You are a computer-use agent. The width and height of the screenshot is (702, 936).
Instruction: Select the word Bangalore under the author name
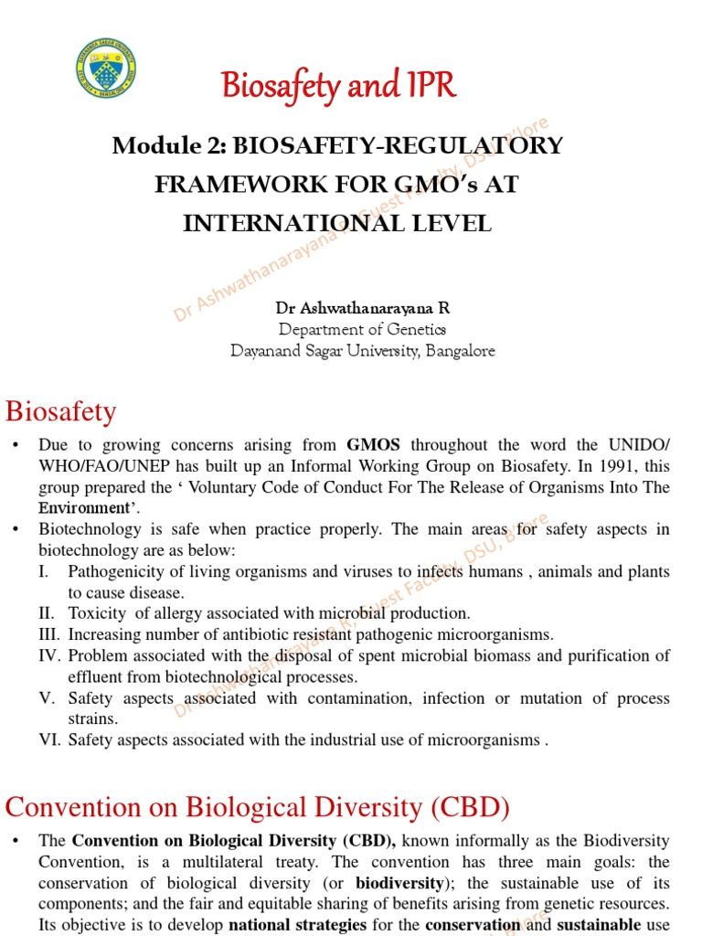point(459,351)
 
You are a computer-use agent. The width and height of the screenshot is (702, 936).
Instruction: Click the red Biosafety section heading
point(61,411)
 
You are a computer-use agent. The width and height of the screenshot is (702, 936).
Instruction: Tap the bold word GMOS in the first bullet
point(374,446)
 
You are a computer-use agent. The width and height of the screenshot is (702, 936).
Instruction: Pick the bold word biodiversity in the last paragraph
point(396,883)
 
